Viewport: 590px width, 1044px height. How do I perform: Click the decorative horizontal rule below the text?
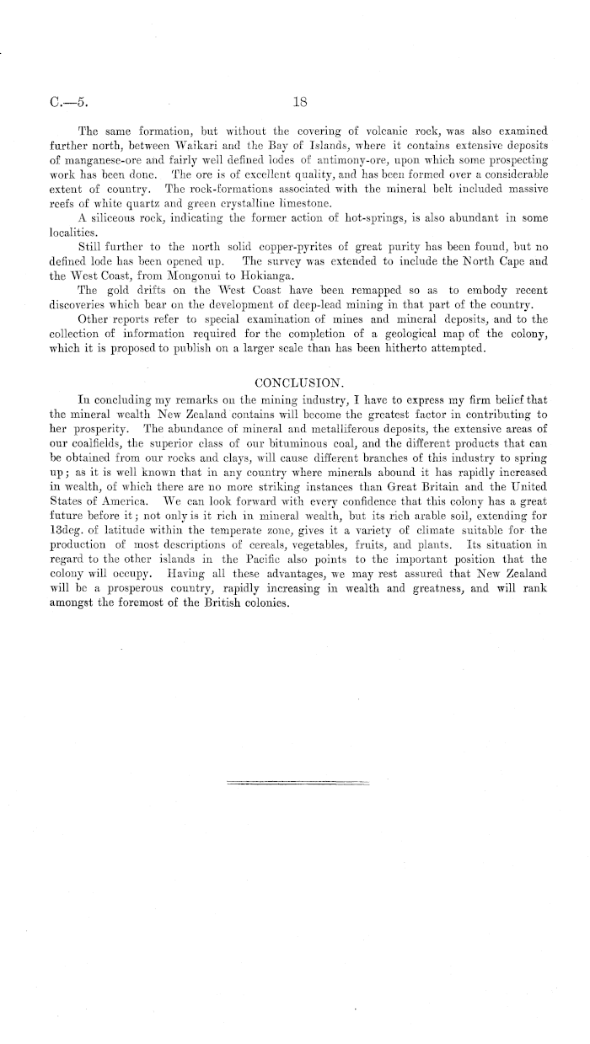click(299, 784)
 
